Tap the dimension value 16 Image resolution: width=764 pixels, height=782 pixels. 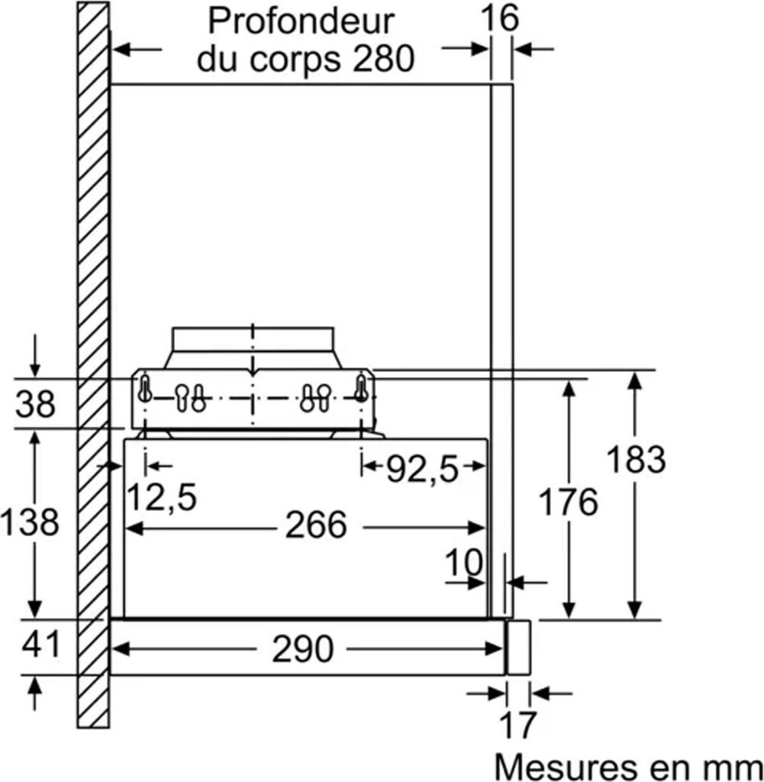[500, 18]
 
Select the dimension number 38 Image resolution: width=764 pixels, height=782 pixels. [36, 403]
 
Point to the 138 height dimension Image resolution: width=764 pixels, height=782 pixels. [30, 522]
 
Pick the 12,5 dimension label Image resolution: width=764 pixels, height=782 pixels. [161, 498]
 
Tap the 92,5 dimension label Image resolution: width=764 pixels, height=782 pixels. [422, 470]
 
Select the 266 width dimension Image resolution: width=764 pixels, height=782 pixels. [316, 525]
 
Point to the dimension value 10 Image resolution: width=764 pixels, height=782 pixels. [464, 563]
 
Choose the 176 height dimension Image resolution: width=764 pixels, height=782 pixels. [568, 502]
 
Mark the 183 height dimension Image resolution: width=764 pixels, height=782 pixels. [635, 460]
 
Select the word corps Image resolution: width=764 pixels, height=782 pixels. [296, 58]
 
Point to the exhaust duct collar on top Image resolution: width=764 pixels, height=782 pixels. [253, 340]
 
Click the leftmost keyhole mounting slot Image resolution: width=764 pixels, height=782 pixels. [144, 390]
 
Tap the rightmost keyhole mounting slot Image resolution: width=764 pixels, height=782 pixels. [361, 390]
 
